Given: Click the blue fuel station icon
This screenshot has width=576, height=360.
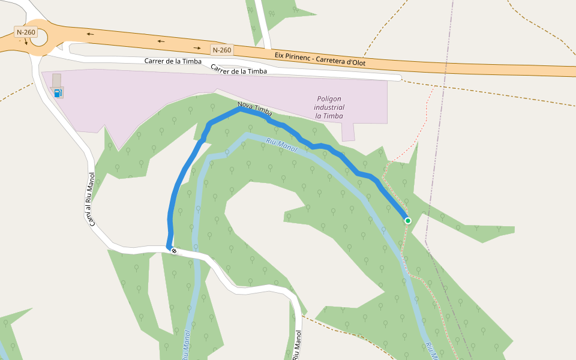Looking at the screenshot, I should pyautogui.click(x=58, y=92).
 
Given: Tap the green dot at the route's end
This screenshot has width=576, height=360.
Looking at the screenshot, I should pyautogui.click(x=408, y=221).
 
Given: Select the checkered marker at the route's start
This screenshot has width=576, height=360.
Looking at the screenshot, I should pyautogui.click(x=174, y=251).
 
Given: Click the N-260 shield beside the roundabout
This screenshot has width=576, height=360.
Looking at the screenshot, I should pyautogui.click(x=26, y=32).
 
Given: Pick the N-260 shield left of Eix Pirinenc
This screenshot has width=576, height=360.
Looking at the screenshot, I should pyautogui.click(x=222, y=50).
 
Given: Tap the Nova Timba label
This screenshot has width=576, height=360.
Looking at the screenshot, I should pyautogui.click(x=255, y=109).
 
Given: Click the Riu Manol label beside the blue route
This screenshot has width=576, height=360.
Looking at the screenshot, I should pyautogui.click(x=281, y=143).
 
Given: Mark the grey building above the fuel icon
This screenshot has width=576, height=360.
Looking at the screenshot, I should pyautogui.click(x=57, y=80).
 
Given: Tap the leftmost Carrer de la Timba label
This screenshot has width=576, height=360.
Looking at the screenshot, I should pyautogui.click(x=172, y=61).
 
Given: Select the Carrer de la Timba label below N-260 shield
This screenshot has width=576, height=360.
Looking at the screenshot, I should pyautogui.click(x=239, y=71).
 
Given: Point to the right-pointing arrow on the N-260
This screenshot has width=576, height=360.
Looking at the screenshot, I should pyautogui.click(x=197, y=47).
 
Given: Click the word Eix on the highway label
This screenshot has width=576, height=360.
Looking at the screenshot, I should pyautogui.click(x=280, y=55).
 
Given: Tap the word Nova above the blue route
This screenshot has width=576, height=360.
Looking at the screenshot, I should pyautogui.click(x=245, y=106).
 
